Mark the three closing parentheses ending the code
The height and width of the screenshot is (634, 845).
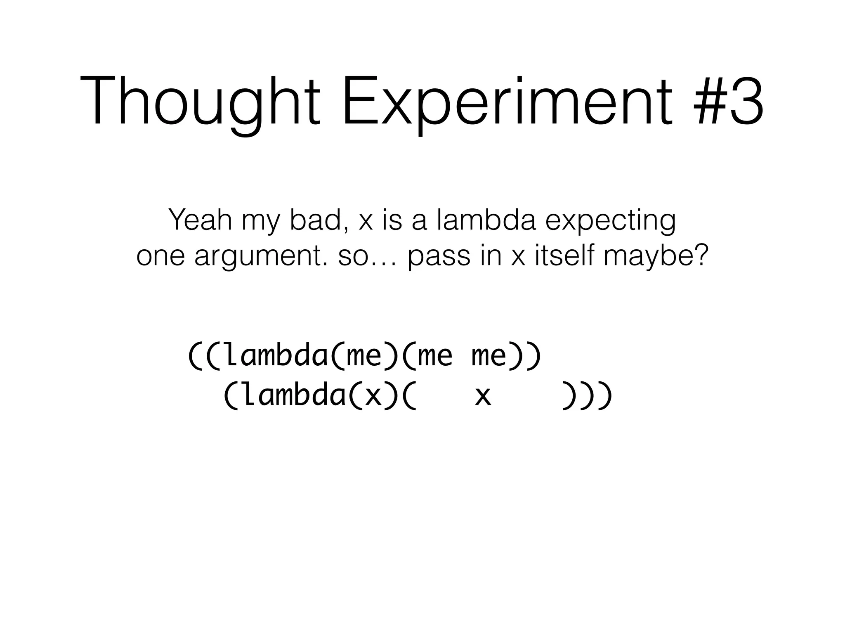pyautogui.click(x=586, y=396)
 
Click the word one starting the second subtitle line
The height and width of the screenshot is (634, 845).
pyautogui.click(x=161, y=256)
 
